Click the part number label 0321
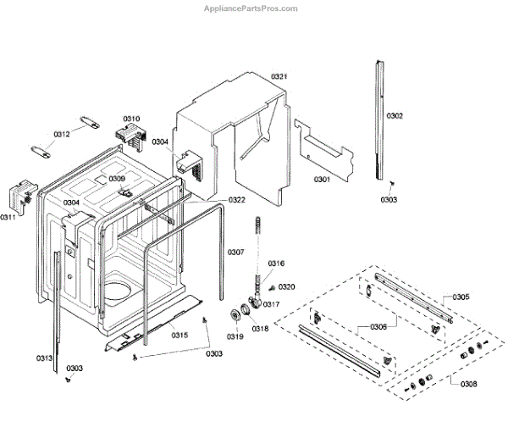pos(279,77)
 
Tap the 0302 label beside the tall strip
pos(395,115)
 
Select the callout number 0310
pos(131,119)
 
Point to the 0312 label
pos(62,134)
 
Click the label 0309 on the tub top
pos(117,179)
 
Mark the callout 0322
pos(236,200)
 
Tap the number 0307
pos(235,252)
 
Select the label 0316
pos(276,264)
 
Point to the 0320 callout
pos(287,287)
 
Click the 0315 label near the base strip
pos(179,336)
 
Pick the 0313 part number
pos(44,358)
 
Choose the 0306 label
pos(378,326)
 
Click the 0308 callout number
pos(468,384)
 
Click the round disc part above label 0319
pos(233,316)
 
